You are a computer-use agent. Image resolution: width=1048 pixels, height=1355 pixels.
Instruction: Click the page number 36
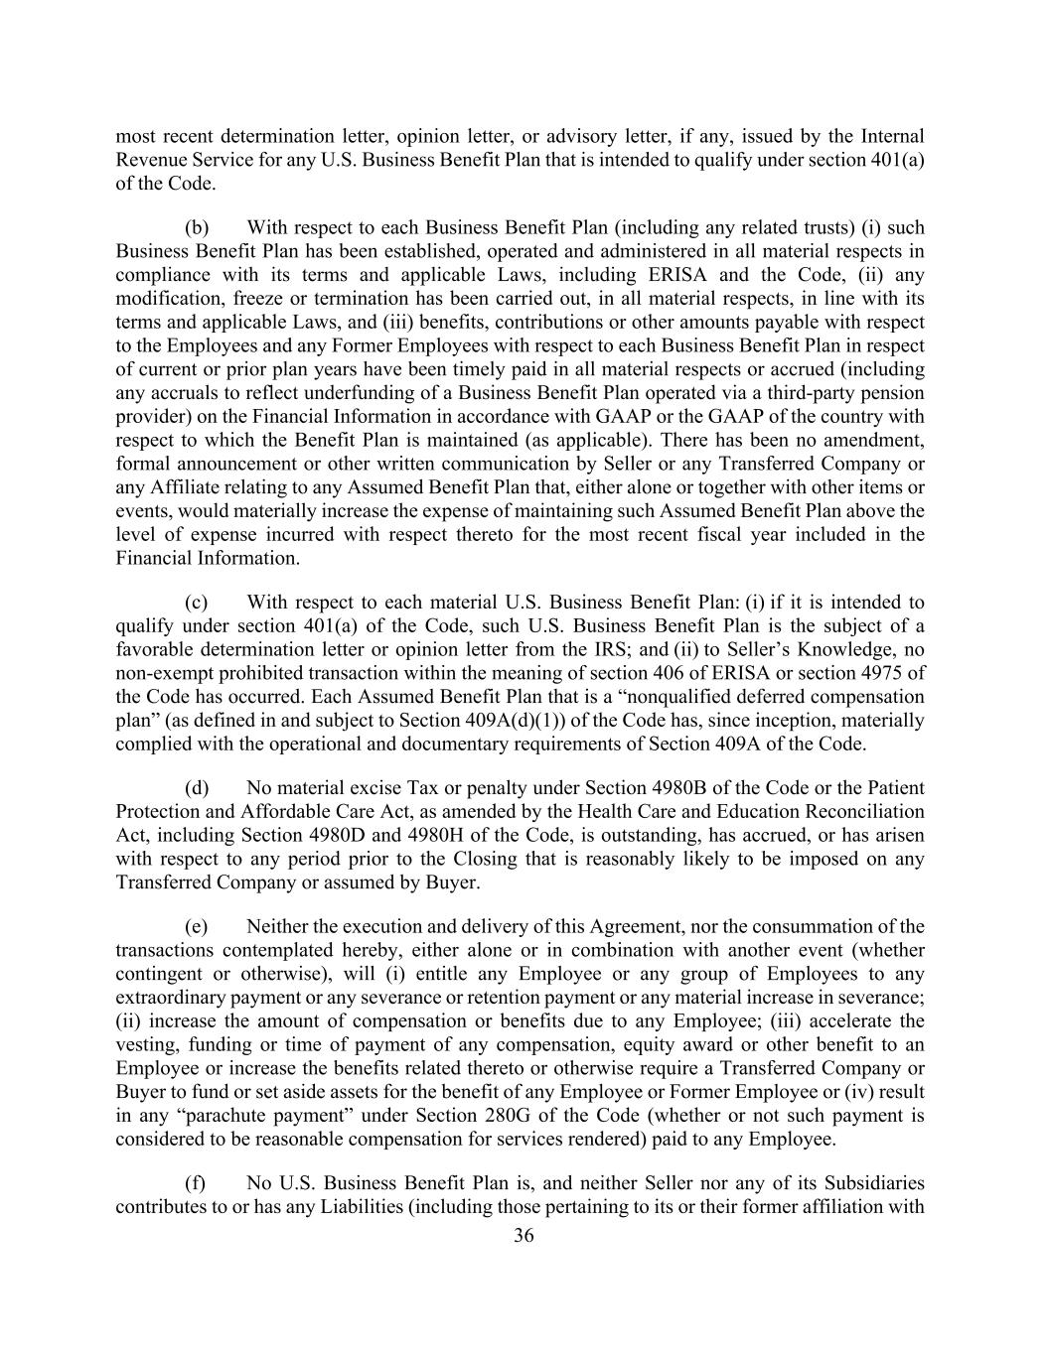click(x=524, y=1236)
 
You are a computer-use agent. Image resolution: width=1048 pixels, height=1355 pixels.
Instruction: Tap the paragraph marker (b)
click(x=197, y=227)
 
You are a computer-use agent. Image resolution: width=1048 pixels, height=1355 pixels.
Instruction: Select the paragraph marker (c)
click(x=197, y=602)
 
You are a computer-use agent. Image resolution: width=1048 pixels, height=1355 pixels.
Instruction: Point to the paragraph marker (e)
click(x=197, y=926)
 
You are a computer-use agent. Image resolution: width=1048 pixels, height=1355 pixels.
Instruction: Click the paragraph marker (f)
click(x=196, y=1183)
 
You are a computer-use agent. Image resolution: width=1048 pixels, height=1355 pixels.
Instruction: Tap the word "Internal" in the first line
click(x=893, y=136)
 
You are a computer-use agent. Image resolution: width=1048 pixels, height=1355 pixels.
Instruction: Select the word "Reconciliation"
click(x=862, y=811)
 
